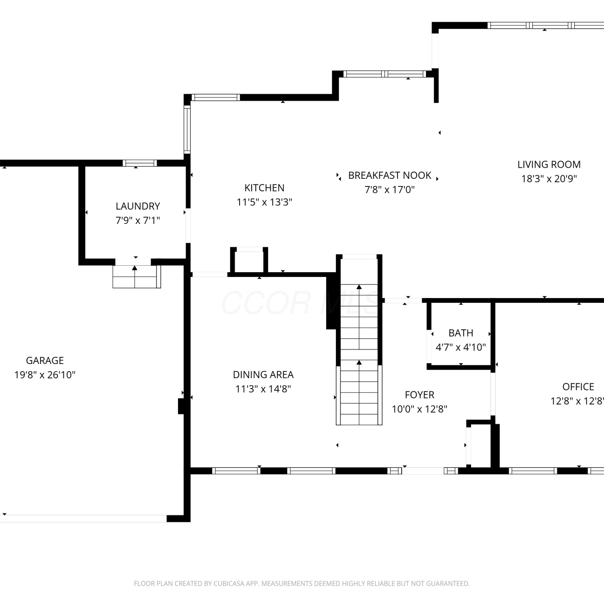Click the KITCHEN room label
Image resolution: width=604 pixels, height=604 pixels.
pos(264,188)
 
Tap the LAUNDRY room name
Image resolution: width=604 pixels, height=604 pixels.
pos(138,206)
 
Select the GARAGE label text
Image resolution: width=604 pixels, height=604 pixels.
pos(45,360)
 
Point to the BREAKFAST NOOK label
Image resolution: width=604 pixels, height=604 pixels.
pos(390,176)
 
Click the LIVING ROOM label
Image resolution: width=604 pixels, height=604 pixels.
pos(549,165)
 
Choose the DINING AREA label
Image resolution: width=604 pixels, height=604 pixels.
pos(263,375)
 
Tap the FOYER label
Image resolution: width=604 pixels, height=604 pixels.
pos(420,395)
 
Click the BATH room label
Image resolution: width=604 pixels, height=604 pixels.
pos(461,333)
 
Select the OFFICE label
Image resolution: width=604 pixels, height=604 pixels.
pos(578,387)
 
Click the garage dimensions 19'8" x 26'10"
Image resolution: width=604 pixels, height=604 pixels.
pos(45,375)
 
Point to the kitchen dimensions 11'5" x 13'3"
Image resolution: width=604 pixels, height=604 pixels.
pos(264,202)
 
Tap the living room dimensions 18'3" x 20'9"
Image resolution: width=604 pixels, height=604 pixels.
pos(549,179)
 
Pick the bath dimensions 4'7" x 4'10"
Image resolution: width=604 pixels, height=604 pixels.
pos(461,348)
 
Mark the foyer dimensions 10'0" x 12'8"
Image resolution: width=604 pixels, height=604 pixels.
pos(420,409)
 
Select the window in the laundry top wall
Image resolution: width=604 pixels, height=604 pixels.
pos(140,163)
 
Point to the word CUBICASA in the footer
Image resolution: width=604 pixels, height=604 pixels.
pos(230,583)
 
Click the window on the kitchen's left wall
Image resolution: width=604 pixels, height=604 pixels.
pos(187,129)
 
